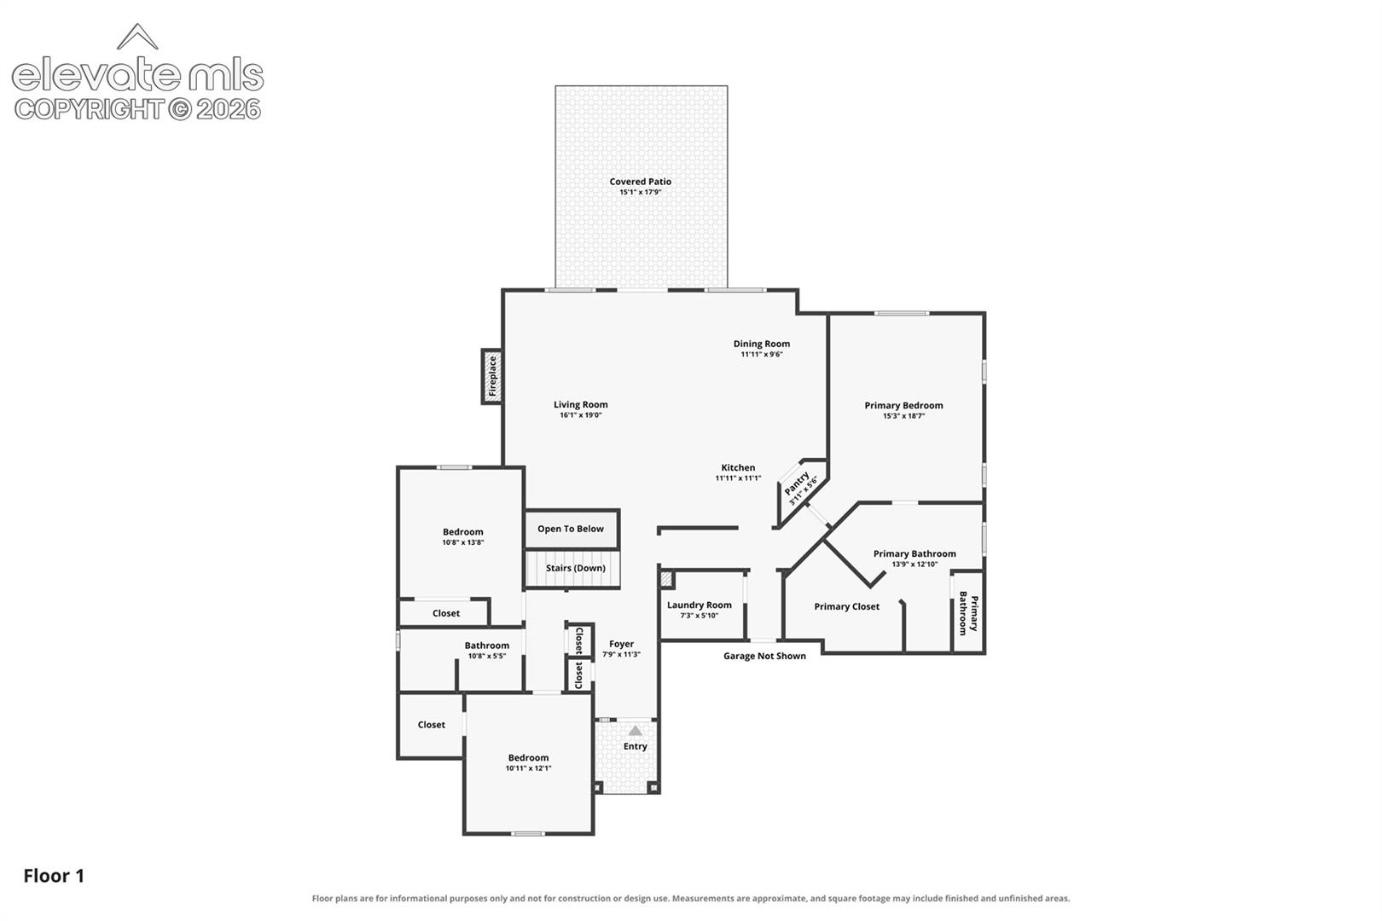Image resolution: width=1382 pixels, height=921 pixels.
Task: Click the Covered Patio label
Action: [640, 182]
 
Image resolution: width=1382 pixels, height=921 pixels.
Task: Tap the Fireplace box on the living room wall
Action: [492, 376]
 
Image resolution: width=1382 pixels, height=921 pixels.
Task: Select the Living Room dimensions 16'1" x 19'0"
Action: [581, 415]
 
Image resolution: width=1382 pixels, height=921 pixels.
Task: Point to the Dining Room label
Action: [761, 344]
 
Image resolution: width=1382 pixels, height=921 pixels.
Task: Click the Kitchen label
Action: [738, 467]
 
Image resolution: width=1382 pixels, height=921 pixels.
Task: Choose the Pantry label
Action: [797, 483]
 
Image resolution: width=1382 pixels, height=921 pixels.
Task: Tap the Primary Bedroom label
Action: [903, 405]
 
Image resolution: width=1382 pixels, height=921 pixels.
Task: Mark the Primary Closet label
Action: [846, 606]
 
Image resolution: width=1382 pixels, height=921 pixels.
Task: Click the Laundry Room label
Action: [699, 605]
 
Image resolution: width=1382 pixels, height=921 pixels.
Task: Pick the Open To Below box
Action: [572, 529]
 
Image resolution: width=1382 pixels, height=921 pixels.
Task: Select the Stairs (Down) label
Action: [576, 568]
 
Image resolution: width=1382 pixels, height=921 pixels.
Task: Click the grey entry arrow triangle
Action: [635, 730]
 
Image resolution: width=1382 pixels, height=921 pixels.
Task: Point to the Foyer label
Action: [621, 643]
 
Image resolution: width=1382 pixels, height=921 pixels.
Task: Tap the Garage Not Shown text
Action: [764, 656]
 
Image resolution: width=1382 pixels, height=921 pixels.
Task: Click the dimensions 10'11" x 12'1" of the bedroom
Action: [528, 768]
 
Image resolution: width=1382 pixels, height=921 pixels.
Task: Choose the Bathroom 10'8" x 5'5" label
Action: [487, 650]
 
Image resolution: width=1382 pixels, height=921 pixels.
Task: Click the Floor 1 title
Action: [54, 876]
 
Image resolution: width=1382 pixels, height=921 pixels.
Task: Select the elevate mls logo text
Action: [137, 75]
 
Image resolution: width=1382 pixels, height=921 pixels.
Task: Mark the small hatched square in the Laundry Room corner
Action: [666, 579]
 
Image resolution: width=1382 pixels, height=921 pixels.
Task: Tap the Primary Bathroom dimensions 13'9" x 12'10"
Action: [915, 564]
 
